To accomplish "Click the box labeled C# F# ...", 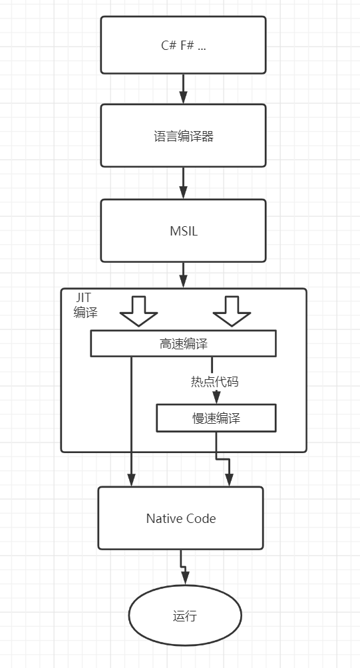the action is point(183,45).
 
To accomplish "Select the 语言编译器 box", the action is point(183,136).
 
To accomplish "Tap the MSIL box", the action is point(183,230).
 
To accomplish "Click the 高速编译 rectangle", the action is point(183,343).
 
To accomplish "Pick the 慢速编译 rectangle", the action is point(216,418).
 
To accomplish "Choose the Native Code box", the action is point(180,518).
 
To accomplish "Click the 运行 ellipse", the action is point(185,615).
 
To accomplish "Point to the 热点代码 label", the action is point(215,382).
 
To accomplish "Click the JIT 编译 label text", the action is point(85,305).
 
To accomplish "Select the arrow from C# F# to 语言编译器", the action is point(183,89).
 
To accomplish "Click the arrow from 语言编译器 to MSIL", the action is point(183,183).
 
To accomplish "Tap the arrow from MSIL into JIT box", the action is point(183,275).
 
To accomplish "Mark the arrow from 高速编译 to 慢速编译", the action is point(213,380).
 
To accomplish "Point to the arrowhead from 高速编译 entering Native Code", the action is point(131,480).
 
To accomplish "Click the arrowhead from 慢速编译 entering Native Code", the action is point(229,480).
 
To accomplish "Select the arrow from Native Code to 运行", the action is point(182,568).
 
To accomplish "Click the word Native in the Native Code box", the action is point(162,518).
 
